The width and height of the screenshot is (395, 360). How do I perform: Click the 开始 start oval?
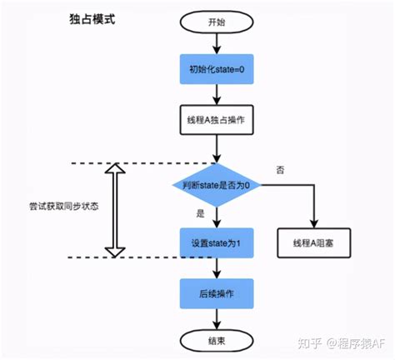point(217,22)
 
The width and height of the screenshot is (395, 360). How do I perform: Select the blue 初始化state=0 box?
point(216,69)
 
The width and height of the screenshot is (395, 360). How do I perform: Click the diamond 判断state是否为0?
point(216,185)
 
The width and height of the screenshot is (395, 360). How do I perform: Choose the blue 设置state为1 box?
point(216,243)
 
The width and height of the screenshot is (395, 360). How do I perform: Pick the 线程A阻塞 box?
point(313,243)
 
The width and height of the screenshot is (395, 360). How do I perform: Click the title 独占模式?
point(92,18)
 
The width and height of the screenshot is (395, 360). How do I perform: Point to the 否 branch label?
point(280,170)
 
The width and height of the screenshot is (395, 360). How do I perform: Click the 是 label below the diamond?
point(200,214)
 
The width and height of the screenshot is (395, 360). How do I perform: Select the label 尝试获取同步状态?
point(62,206)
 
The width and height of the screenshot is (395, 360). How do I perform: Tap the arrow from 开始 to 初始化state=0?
point(217,43)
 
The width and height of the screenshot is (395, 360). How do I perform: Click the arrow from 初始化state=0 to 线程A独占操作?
point(217,93)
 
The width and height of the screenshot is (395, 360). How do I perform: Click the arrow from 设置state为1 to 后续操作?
point(217,268)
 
